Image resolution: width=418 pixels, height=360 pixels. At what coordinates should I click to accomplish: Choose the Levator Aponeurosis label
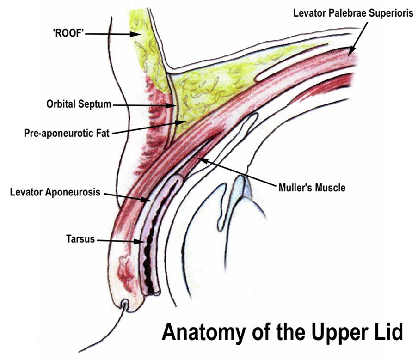tap(55, 192)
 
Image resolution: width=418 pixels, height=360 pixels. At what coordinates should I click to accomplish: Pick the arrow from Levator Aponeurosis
tap(126, 196)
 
